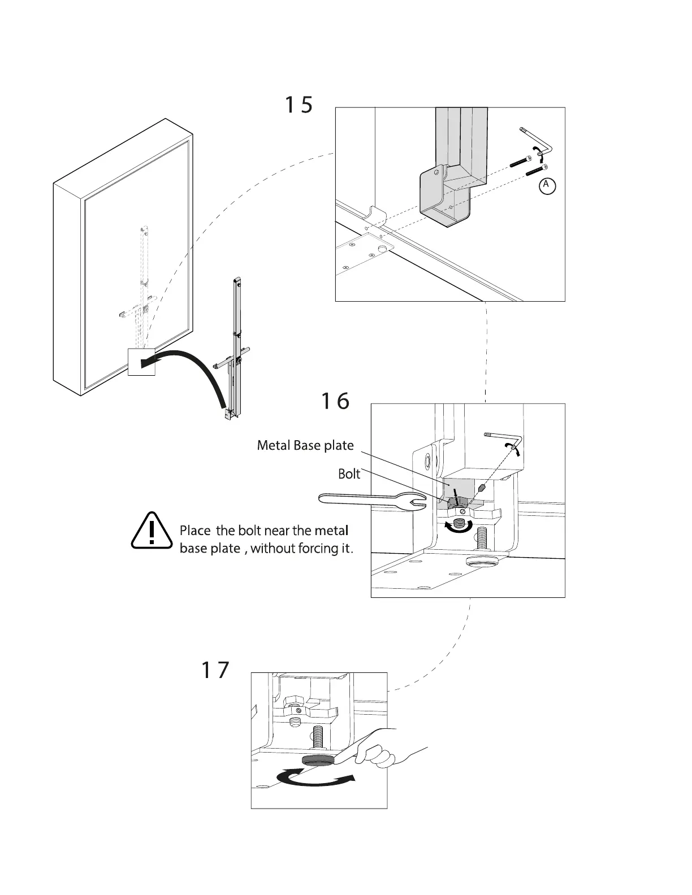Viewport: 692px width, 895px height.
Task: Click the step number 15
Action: coord(298,105)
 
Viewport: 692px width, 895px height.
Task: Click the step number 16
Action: coord(335,401)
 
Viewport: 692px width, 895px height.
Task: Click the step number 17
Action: coord(215,670)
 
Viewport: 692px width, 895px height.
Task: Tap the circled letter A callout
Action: coord(546,185)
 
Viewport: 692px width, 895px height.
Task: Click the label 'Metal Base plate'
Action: coord(305,445)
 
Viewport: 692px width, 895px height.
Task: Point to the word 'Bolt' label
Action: coord(349,473)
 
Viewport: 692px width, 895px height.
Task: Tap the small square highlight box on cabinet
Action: coord(141,362)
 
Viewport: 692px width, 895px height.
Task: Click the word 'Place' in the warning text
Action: coord(195,531)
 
